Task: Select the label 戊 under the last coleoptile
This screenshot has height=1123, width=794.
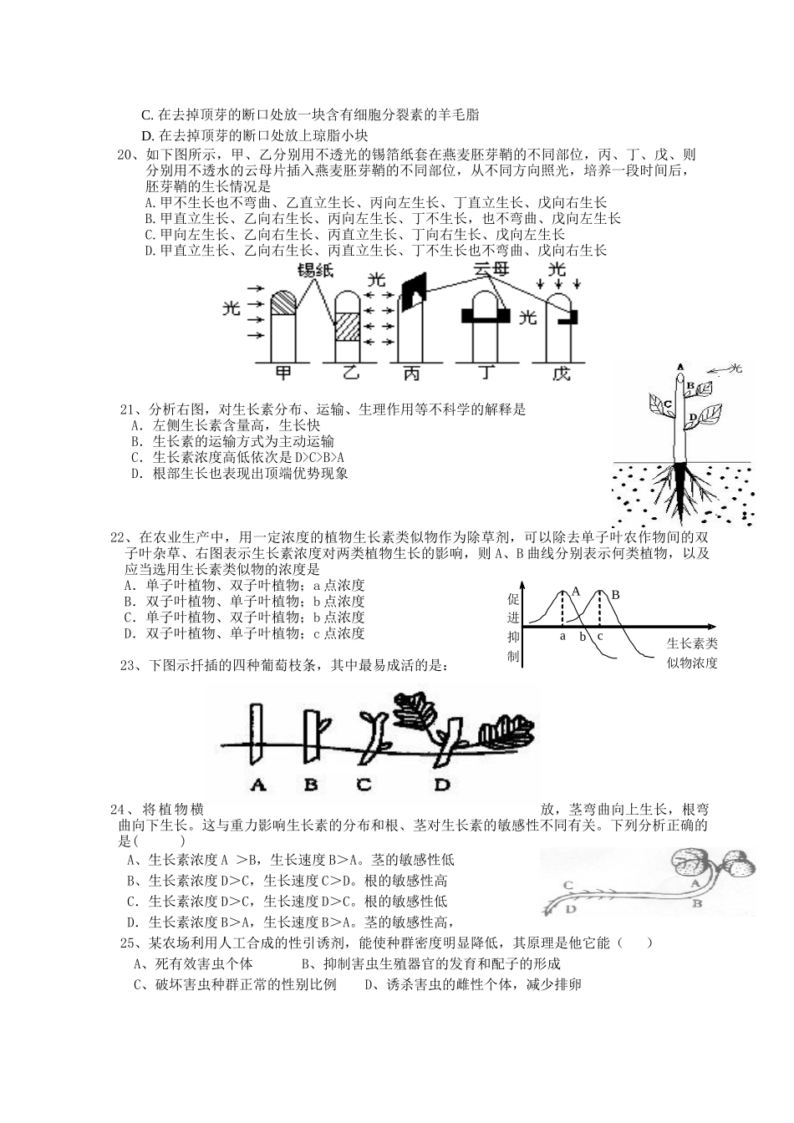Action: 561,373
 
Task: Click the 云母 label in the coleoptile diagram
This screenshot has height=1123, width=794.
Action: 491,272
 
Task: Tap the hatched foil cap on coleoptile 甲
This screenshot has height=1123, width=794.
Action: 283,302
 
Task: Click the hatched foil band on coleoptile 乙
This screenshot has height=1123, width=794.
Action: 346,327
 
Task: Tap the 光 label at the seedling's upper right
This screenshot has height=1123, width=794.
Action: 735,368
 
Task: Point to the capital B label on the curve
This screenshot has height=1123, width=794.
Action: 617,594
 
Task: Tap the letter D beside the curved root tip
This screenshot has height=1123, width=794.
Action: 572,908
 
